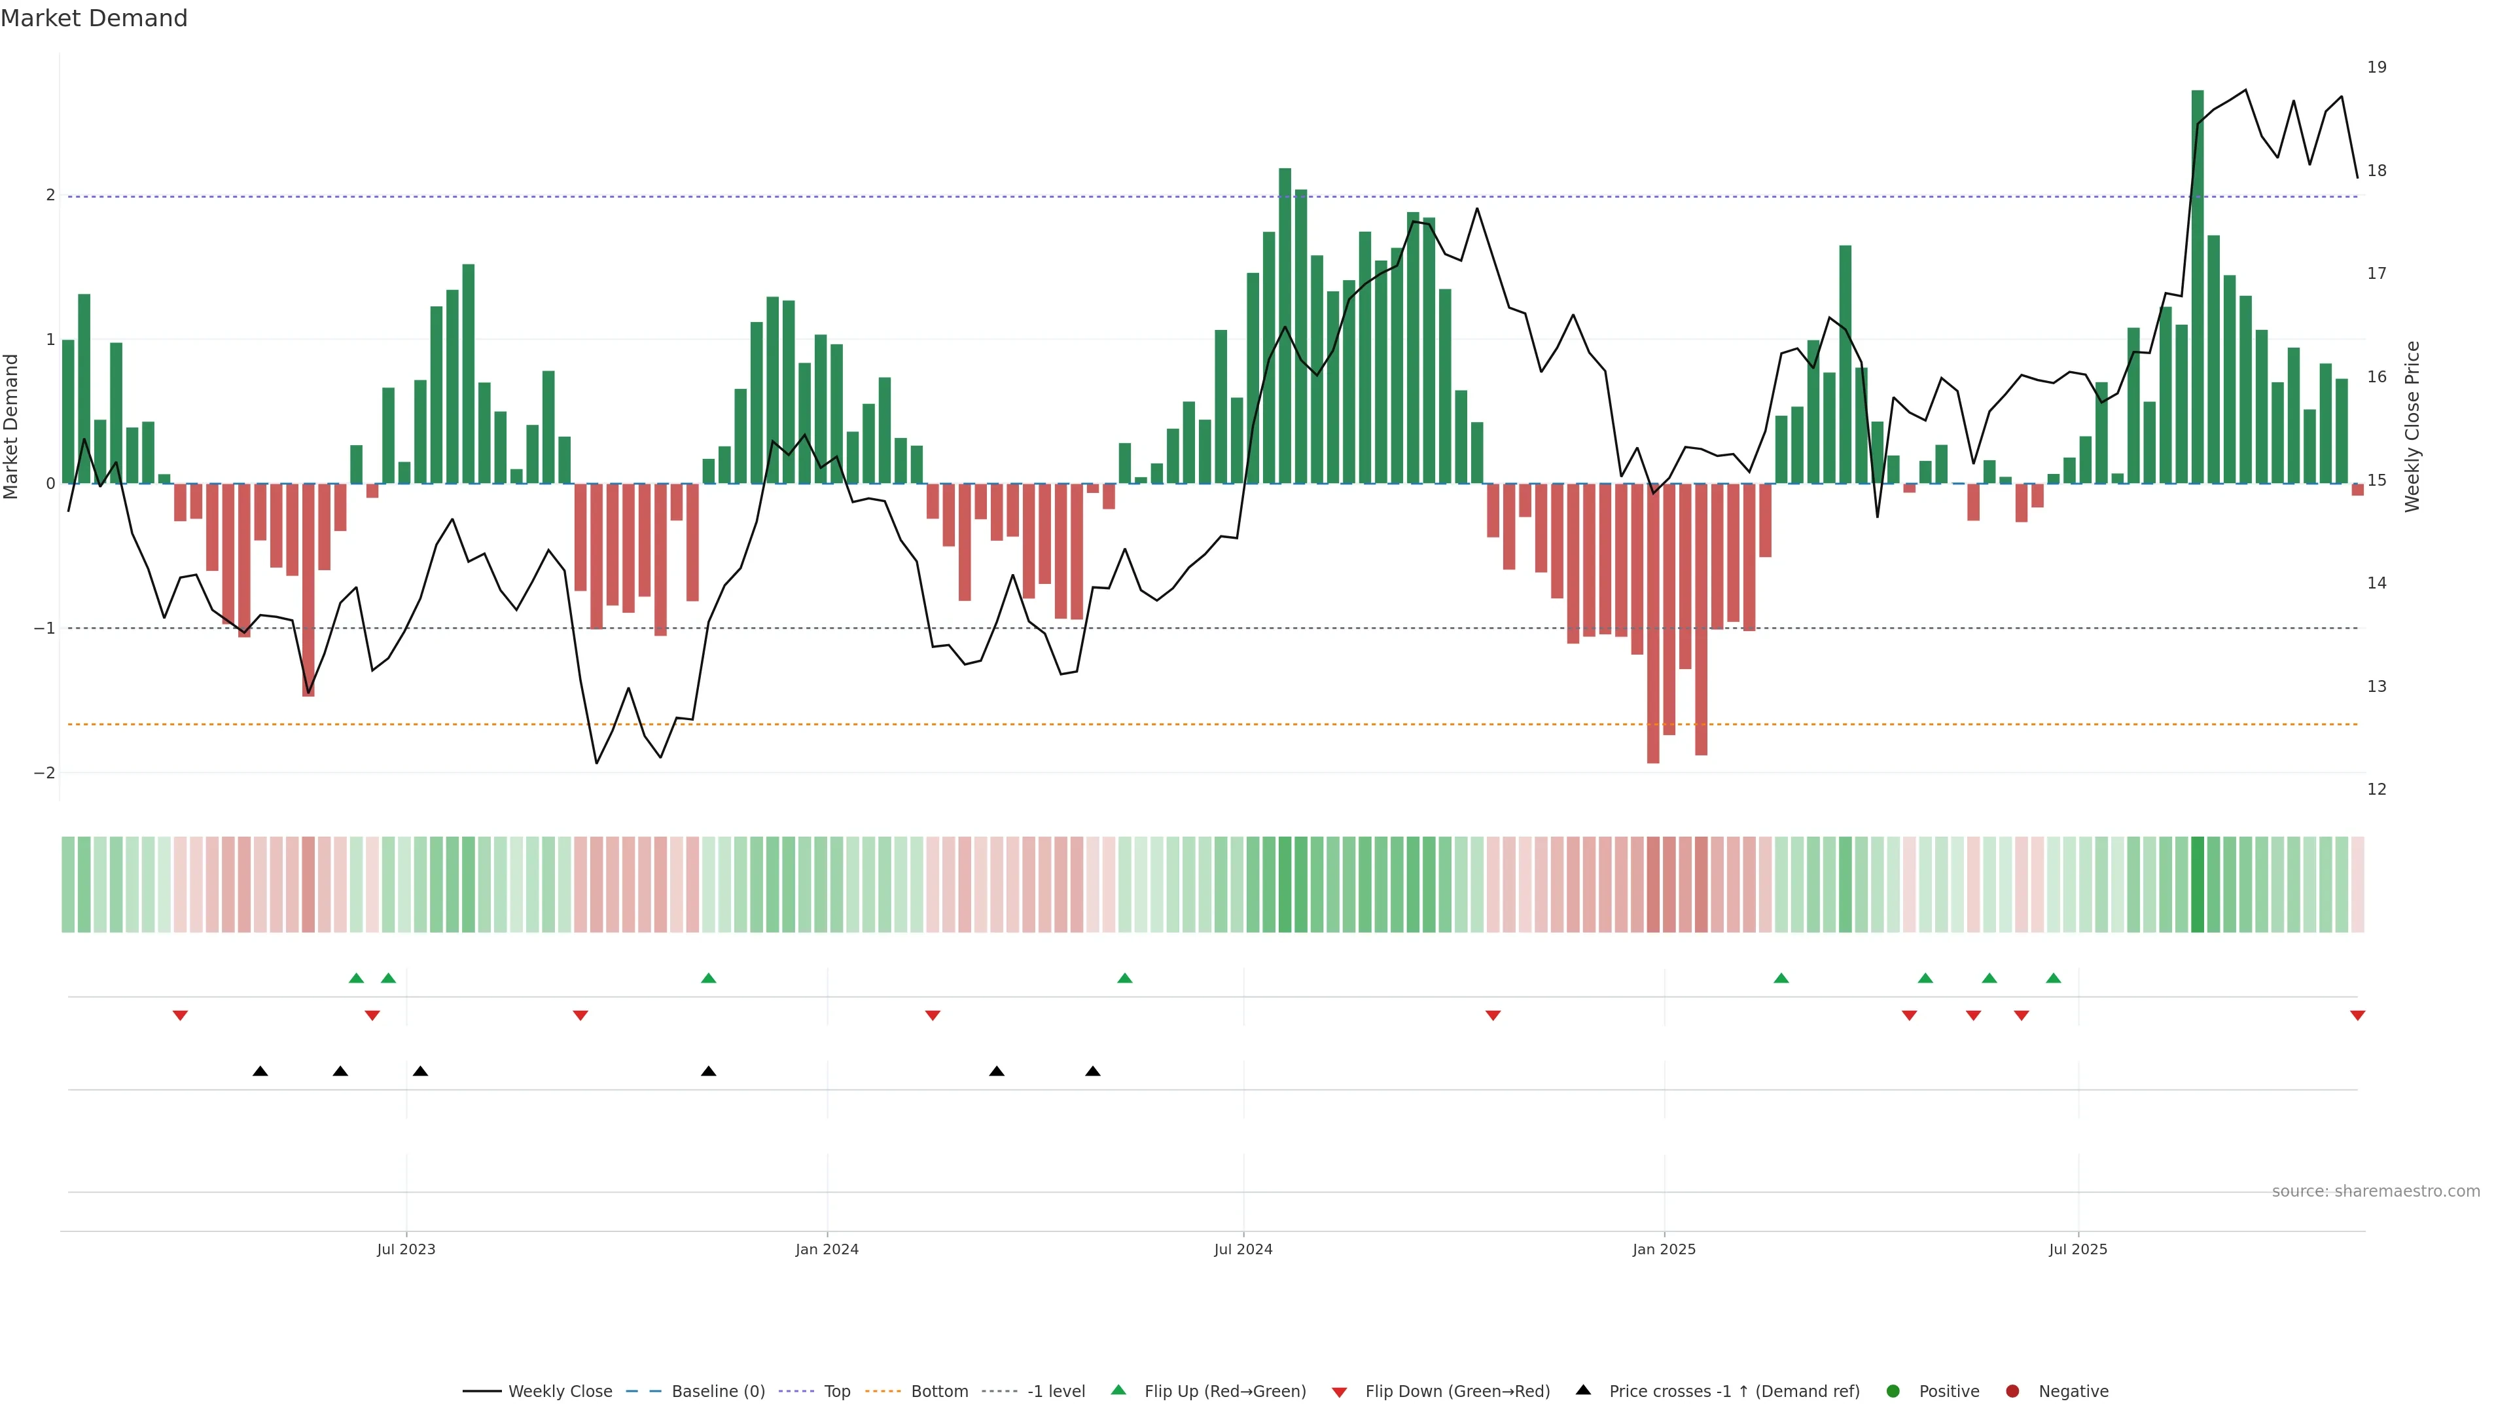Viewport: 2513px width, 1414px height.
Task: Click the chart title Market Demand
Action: click(94, 18)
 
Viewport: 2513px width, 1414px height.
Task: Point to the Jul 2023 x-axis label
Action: click(406, 1249)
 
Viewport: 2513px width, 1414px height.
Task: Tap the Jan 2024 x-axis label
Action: click(827, 1249)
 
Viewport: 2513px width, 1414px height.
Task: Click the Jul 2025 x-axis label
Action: click(2078, 1249)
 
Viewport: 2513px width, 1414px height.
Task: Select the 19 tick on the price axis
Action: click(2376, 67)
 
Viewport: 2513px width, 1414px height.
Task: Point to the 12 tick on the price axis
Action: click(2376, 789)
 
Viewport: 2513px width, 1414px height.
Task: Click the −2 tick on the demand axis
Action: click(45, 773)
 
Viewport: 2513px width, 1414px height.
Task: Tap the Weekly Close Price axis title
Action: click(2412, 426)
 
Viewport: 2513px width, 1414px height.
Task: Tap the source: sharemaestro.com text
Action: click(2376, 1191)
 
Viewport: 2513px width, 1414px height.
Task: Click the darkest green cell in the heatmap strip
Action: click(2197, 884)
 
